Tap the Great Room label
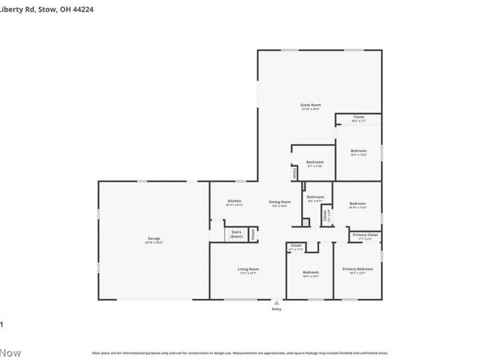[310, 105]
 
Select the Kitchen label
[234, 200]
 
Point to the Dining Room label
[280, 202]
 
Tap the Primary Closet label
[365, 235]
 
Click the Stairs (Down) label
[236, 234]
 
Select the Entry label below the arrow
[276, 309]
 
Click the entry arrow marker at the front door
[276, 303]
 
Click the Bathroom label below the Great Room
[315, 162]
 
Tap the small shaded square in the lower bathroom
[305, 223]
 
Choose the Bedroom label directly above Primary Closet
[358, 203]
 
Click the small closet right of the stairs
[253, 234]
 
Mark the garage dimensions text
[154, 242]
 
